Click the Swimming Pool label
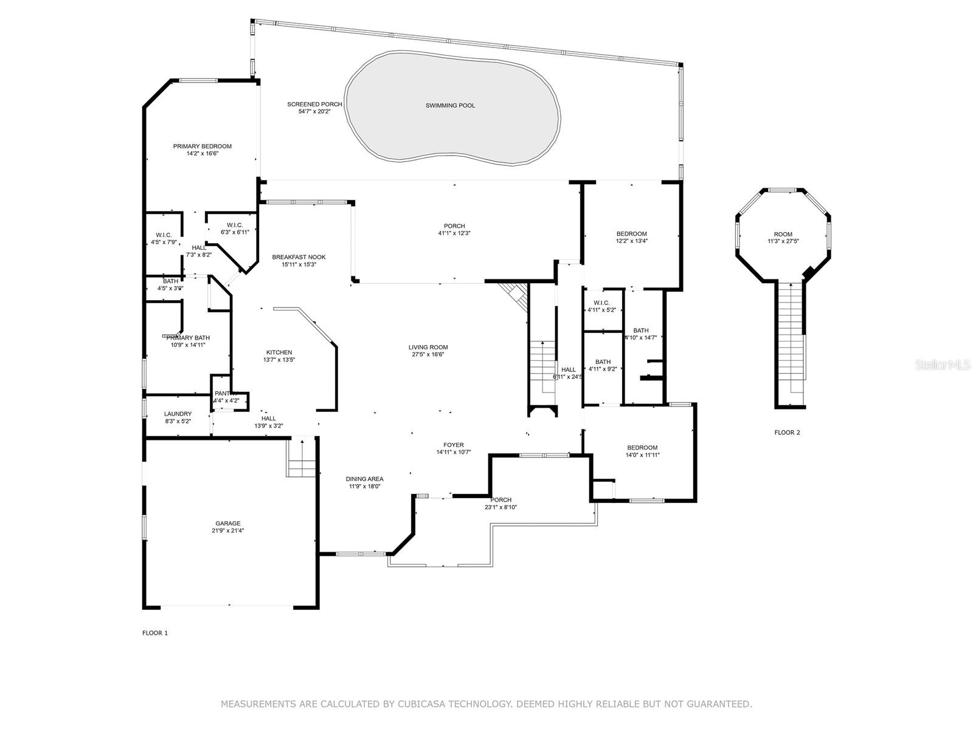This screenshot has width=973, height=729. pos(450,106)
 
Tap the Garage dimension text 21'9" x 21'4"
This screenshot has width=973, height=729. pos(228,530)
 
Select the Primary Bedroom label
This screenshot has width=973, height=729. pos(202,146)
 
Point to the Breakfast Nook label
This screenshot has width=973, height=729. pos(294,257)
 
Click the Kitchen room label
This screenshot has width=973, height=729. pos(279,352)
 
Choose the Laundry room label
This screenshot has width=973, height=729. pos(178,414)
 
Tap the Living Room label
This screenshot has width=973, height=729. pos(428,347)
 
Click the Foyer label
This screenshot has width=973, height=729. pos(454,445)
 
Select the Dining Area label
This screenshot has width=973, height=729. pos(365,479)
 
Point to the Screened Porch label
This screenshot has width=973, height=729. pos(314,104)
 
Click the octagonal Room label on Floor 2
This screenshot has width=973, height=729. pos(783,234)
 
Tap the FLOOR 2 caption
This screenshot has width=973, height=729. pos(787,433)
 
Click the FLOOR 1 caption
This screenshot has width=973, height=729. pos(155,633)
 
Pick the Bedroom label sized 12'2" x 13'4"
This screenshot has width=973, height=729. pos(631,234)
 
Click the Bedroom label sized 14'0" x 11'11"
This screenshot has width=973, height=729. pos(642,448)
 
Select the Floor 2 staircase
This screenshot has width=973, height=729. pos(791,340)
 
